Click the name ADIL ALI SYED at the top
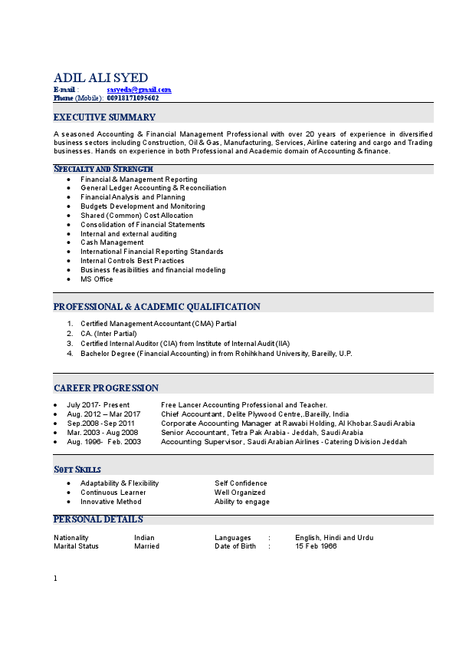pos(100,77)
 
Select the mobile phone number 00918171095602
pos(133,98)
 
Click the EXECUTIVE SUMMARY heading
pos(104,117)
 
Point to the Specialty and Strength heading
pos(103,169)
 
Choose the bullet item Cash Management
pos(112,242)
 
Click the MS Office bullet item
pos(97,279)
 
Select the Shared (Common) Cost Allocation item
pos(136,216)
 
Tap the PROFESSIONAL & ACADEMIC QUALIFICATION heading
pos(156,307)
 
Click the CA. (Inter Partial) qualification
pos(108,334)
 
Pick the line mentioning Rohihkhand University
pos(216,354)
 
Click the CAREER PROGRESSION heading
pos(106,388)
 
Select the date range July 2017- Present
pos(98,405)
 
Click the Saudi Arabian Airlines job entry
pos(284,442)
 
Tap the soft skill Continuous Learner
pos(113,493)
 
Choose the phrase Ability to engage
pos(241,502)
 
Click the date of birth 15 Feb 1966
pos(316,546)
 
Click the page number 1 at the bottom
pos(56,578)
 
